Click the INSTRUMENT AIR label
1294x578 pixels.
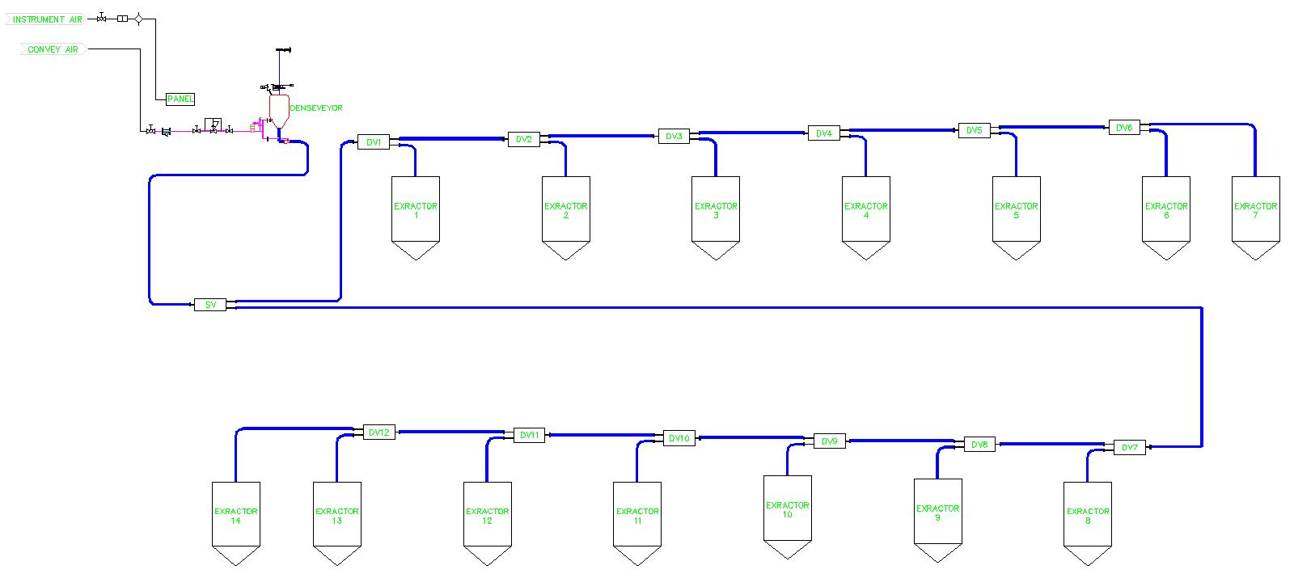tap(47, 19)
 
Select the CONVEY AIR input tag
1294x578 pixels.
tap(53, 49)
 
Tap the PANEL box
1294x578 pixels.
tap(180, 99)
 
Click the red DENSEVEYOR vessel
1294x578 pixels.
tap(279, 109)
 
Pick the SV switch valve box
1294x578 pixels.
tap(210, 305)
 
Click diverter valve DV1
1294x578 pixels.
tap(374, 142)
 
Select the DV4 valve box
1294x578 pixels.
tap(824, 133)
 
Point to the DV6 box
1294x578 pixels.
tap(1124, 128)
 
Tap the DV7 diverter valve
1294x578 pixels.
tap(1130, 447)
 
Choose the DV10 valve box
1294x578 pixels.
tap(679, 438)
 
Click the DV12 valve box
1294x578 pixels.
tap(378, 432)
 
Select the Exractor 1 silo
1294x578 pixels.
tap(416, 210)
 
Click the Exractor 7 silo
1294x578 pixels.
tap(1255, 210)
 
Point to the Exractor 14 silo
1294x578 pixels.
tap(235, 516)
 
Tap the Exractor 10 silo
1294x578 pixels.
tap(788, 509)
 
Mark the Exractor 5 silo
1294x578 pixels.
tap(1016, 210)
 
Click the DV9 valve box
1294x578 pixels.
tap(829, 441)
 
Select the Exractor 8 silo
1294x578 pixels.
tap(1088, 516)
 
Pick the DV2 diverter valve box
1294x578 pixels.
tap(524, 139)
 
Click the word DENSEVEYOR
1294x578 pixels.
tap(316, 108)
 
